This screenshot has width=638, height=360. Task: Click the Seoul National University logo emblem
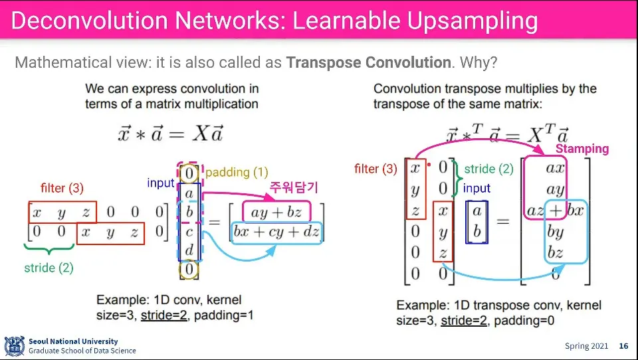click(14, 345)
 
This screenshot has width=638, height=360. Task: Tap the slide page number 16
click(623, 346)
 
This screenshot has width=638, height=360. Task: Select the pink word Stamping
click(582, 149)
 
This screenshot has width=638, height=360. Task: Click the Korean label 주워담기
click(294, 188)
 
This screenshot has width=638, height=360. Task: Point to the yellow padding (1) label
click(237, 173)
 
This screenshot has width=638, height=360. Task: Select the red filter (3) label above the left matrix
click(62, 188)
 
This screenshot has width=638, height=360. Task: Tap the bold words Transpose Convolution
click(368, 63)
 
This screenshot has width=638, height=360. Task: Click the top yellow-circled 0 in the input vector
click(189, 174)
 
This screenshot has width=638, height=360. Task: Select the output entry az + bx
click(556, 212)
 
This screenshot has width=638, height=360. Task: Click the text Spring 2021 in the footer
click(586, 346)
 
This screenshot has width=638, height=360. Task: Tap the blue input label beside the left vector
click(161, 183)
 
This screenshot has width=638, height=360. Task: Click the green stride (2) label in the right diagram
click(488, 169)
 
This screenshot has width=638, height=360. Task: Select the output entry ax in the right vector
click(555, 168)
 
